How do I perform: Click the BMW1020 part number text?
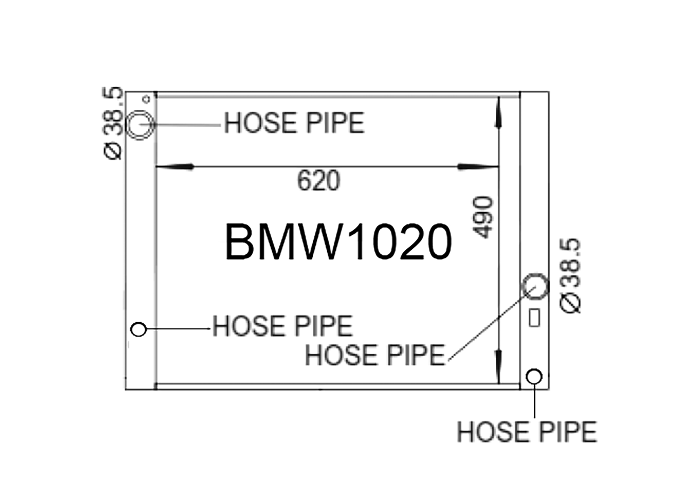coord(339,242)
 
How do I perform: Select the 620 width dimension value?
coord(319,181)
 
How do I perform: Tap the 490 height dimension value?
coord(482,218)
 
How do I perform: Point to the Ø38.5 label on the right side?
coord(570,276)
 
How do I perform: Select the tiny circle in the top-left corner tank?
coord(146,99)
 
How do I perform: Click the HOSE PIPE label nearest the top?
coord(294,123)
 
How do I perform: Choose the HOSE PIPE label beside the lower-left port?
coord(283,326)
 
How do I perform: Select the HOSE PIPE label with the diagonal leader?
coord(375,355)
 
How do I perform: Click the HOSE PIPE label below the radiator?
coord(527,432)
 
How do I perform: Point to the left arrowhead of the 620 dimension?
coord(174,166)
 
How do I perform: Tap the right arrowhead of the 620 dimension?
coord(478,166)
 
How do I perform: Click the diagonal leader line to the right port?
coord(492,323)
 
